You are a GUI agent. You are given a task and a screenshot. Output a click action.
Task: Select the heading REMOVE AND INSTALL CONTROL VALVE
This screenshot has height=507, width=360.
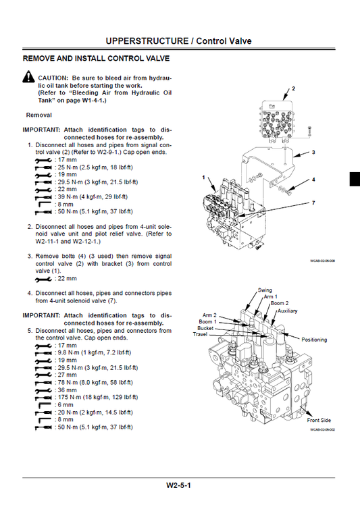(97, 59)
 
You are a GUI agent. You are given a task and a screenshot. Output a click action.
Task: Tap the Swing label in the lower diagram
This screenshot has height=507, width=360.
(265, 290)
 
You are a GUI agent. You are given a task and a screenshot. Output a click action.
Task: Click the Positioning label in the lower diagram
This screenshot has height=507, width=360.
(314, 340)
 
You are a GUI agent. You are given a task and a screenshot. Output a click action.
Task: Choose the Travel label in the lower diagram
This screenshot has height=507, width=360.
(200, 334)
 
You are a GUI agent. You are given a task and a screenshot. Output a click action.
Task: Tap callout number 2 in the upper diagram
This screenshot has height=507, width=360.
(294, 88)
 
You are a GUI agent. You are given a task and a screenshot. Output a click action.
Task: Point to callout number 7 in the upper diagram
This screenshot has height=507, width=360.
(313, 203)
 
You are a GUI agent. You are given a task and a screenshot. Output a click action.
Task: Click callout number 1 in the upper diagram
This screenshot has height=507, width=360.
(203, 177)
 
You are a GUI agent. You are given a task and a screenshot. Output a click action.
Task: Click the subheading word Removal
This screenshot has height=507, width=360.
(38, 115)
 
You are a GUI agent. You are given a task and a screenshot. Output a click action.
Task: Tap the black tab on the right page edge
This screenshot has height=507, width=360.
(355, 178)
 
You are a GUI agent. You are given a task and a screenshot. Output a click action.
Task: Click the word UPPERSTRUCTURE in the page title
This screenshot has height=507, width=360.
(147, 41)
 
